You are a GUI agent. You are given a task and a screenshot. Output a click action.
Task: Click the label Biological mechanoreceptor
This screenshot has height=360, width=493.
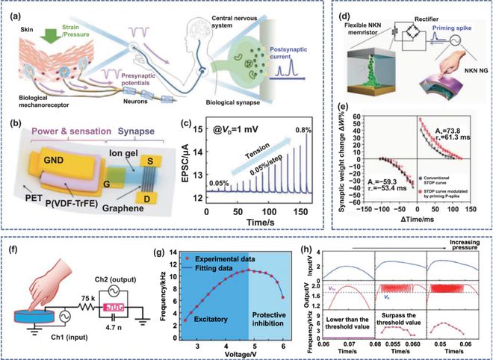click(x=40, y=113)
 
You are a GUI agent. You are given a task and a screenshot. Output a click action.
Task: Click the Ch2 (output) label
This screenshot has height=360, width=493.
click(x=122, y=257)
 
